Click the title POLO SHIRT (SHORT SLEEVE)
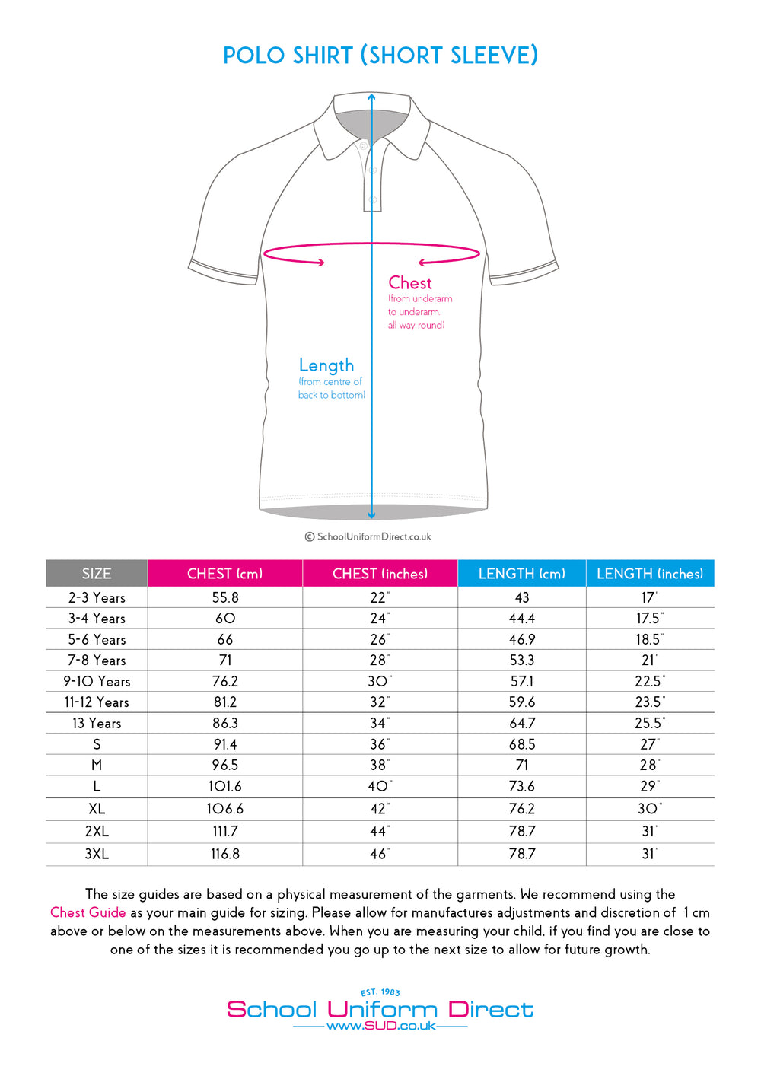(x=380, y=56)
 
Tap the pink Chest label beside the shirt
(x=410, y=283)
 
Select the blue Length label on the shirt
(x=326, y=365)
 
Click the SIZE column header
(x=97, y=574)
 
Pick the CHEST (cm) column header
(x=224, y=574)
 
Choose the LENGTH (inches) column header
(x=650, y=574)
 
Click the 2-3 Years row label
(x=97, y=598)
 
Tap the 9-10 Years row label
(x=97, y=682)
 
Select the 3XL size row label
(x=97, y=854)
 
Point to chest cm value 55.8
(x=225, y=598)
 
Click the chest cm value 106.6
(x=225, y=809)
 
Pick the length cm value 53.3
(x=522, y=661)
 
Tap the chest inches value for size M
(x=379, y=766)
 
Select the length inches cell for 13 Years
(x=649, y=724)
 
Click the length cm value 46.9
(x=522, y=640)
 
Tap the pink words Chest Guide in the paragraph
(x=88, y=912)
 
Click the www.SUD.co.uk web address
(x=380, y=1026)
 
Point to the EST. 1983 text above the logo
(x=380, y=992)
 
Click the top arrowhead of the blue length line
(x=371, y=97)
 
